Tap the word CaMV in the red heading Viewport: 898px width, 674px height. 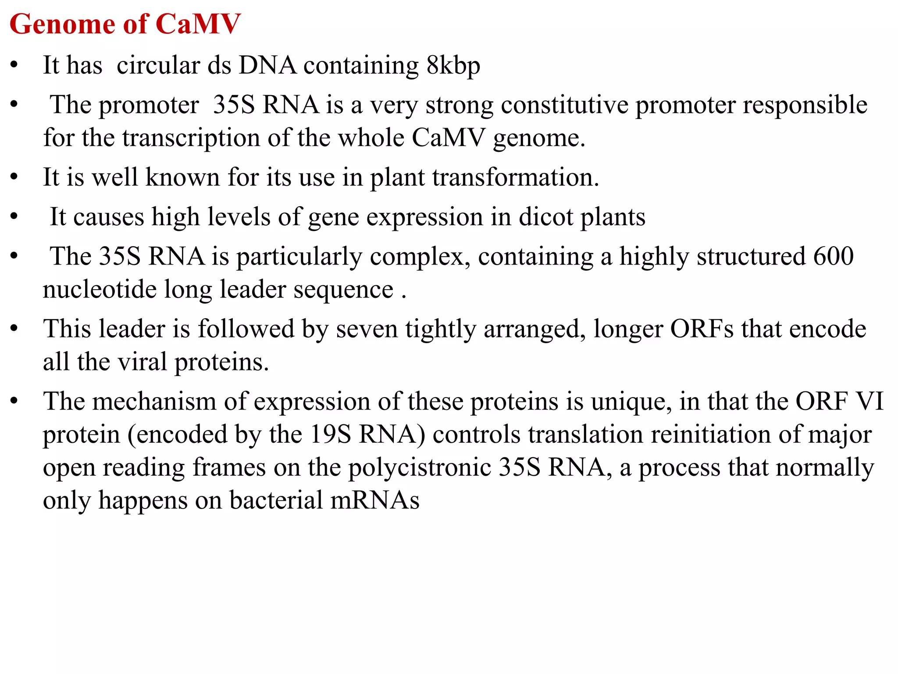pyautogui.click(x=198, y=24)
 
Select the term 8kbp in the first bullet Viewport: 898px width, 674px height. pyautogui.click(x=453, y=66)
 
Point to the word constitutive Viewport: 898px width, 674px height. pyautogui.click(x=564, y=105)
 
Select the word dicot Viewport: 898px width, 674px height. pyautogui.click(x=545, y=217)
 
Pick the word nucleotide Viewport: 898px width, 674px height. pyautogui.click(x=100, y=290)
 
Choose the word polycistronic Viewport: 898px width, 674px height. pyautogui.click(x=420, y=468)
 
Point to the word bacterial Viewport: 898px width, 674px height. pyautogui.click(x=276, y=501)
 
